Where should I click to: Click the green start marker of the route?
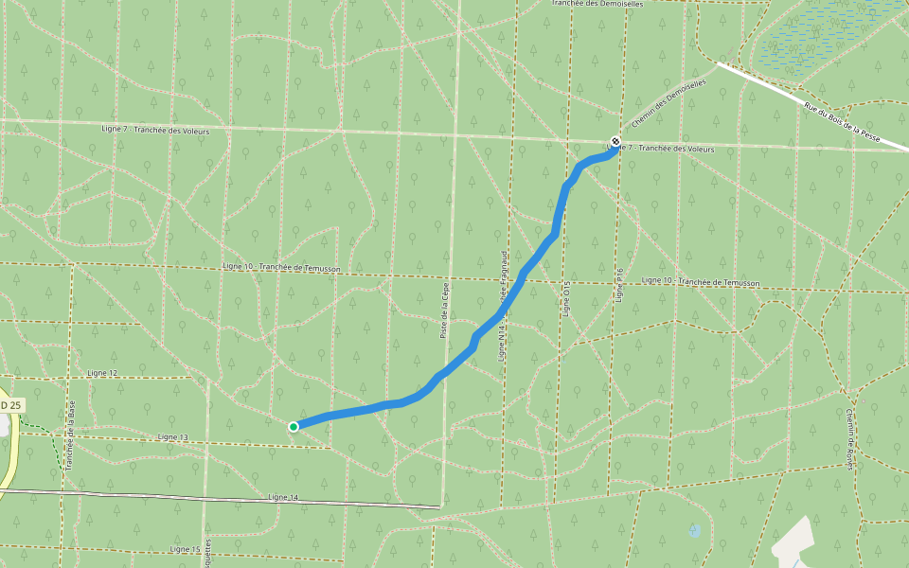pos(294,427)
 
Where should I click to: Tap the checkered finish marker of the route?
pos(616,142)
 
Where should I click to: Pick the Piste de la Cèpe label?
pos(443,310)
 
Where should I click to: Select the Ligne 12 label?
pos(102,374)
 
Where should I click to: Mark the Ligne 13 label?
pos(174,437)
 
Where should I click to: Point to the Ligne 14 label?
pos(283,497)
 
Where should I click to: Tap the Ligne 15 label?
pos(186,549)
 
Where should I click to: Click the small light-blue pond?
pos(695,530)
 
